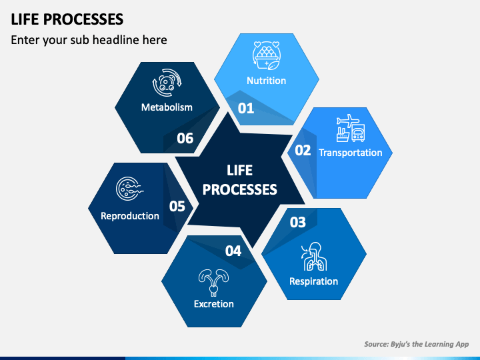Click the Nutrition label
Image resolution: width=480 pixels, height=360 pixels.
coord(266,81)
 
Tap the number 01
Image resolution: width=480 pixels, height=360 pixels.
coord(246,108)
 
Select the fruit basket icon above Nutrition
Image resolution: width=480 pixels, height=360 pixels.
coord(266,55)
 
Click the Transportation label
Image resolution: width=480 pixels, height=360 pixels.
coord(351,153)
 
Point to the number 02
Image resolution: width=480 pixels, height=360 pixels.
coord(303,150)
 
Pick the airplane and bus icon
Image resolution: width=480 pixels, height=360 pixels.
coord(351,128)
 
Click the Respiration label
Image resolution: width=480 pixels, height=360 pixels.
coord(314,281)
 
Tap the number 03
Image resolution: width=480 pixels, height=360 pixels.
coord(298,222)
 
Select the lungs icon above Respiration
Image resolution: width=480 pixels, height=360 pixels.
coord(314,257)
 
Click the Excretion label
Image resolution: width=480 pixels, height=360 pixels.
coord(214,304)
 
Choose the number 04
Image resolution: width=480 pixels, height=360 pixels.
coord(233,251)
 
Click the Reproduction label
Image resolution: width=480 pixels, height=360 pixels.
coord(130,216)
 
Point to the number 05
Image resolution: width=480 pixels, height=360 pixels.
coord(177,206)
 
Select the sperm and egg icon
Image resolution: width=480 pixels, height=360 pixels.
coord(130,189)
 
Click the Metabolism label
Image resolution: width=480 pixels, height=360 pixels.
coord(167,107)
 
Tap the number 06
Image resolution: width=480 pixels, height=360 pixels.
coord(185,139)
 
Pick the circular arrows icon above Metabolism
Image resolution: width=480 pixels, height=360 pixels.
coord(167,83)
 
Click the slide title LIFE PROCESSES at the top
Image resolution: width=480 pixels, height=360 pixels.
coord(67,19)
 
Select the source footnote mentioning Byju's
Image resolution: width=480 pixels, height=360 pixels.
coord(416,344)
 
